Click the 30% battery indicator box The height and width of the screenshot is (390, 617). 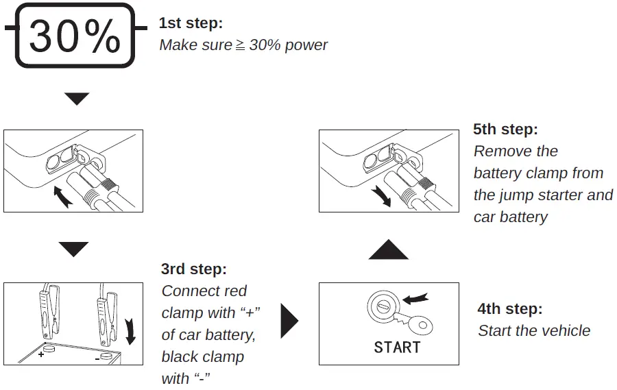(x=75, y=36)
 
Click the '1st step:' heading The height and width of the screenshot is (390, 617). (x=191, y=23)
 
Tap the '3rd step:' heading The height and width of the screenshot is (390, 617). (x=193, y=269)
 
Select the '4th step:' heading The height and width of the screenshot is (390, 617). (x=509, y=308)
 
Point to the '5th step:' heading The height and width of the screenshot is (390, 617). (x=505, y=129)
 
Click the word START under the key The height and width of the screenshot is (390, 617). (x=397, y=347)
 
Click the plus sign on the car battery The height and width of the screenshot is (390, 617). (x=40, y=355)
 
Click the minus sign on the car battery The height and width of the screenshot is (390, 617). (x=97, y=358)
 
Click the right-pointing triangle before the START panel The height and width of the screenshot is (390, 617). (x=290, y=321)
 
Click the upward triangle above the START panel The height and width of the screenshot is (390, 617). (x=388, y=249)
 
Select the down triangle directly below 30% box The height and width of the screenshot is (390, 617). (x=77, y=99)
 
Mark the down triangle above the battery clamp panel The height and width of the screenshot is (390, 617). (x=73, y=248)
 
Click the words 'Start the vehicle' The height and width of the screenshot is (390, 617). (x=533, y=331)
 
